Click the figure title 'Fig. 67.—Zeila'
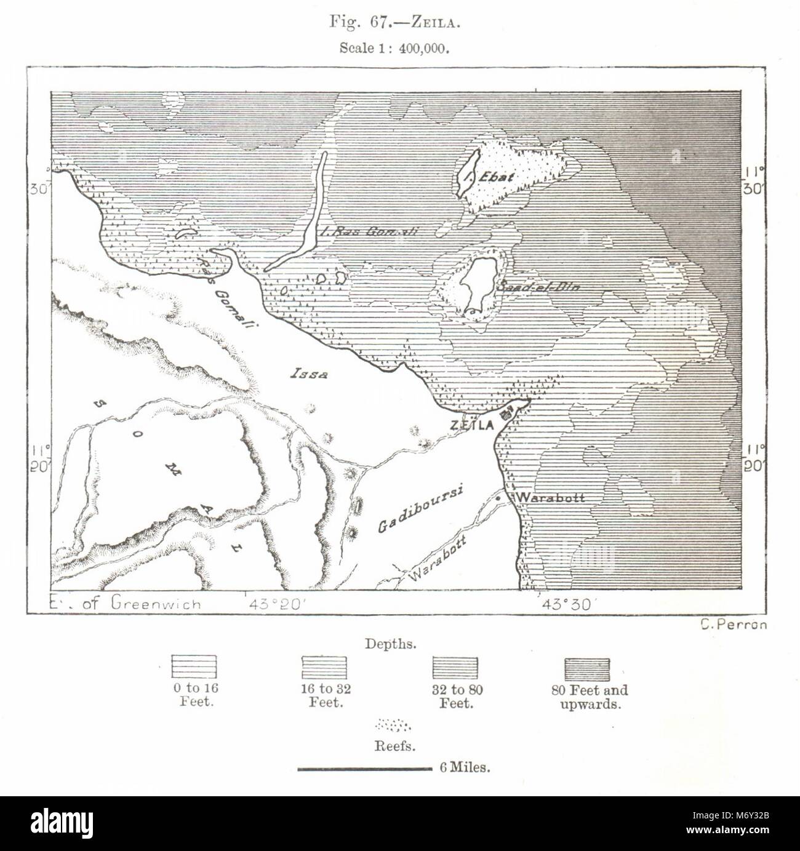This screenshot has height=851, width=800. tap(400, 23)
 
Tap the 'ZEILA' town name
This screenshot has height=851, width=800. tap(472, 425)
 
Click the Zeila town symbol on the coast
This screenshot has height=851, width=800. tap(508, 411)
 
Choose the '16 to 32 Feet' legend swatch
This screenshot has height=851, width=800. tap(324, 668)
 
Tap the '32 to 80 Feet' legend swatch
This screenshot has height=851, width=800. tap(455, 668)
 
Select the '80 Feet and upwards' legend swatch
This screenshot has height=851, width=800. tap(587, 668)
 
